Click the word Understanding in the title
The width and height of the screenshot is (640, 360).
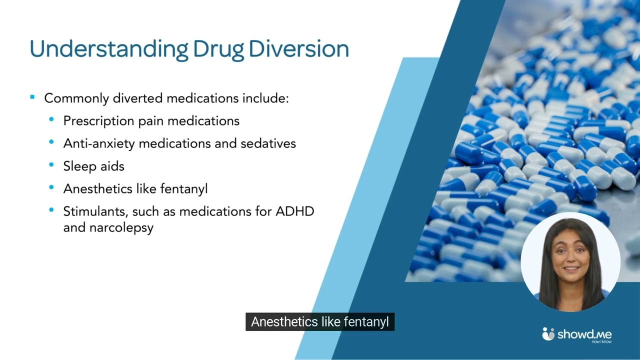(109, 49)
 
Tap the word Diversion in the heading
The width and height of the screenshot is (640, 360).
(299, 49)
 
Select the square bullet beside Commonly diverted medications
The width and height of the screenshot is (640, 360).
(32, 97)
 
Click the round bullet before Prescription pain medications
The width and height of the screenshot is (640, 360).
(51, 119)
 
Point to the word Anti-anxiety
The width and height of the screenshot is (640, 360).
(99, 143)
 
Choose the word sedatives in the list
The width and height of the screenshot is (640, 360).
(268, 143)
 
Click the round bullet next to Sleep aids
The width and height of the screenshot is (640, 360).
(51, 164)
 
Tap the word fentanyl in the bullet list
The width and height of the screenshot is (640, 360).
(184, 189)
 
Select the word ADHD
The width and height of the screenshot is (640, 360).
(295, 211)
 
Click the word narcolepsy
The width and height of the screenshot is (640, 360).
(121, 228)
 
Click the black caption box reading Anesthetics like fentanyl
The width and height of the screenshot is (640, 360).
(320, 321)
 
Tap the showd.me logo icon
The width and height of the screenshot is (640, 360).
(548, 333)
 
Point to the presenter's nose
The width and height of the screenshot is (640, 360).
(570, 259)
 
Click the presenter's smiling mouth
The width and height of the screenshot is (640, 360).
(570, 269)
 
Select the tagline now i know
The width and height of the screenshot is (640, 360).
(601, 341)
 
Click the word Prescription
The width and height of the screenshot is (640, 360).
(99, 121)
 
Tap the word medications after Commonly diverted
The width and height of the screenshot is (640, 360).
(202, 98)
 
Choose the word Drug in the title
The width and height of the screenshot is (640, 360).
(218, 49)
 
